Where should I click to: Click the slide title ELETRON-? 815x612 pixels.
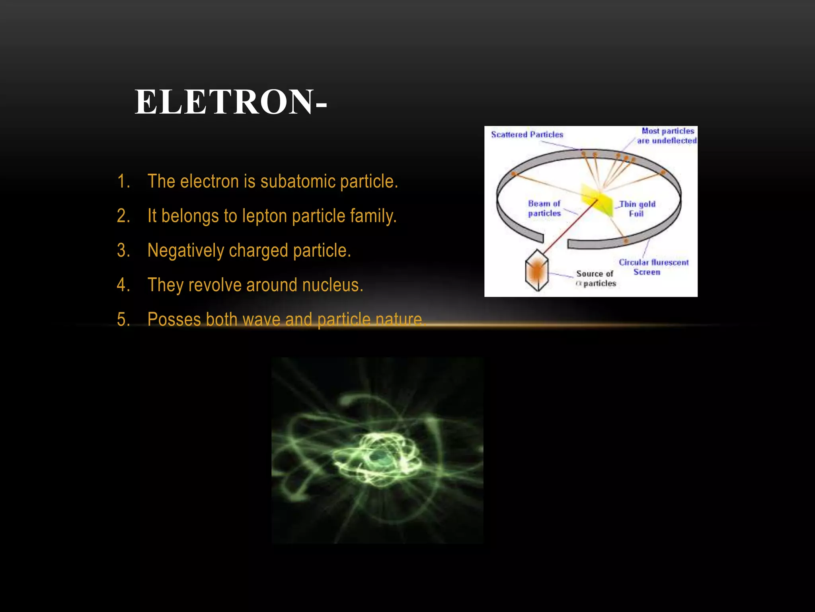pyautogui.click(x=231, y=102)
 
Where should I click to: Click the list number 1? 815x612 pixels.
pyautogui.click(x=123, y=181)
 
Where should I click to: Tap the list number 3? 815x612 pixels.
pyautogui.click(x=123, y=251)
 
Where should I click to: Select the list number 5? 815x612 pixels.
pyautogui.click(x=123, y=320)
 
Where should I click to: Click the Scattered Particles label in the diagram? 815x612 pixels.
pyautogui.click(x=527, y=135)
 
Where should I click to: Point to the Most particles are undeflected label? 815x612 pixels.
pyautogui.click(x=667, y=135)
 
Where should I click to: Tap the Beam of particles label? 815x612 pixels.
pyautogui.click(x=544, y=208)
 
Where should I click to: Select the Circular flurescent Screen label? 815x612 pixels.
pyautogui.click(x=653, y=267)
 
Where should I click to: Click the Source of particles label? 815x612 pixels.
pyautogui.click(x=595, y=279)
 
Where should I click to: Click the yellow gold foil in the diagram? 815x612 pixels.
pyautogui.click(x=597, y=201)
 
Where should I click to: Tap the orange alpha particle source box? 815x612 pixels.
pyautogui.click(x=537, y=271)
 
